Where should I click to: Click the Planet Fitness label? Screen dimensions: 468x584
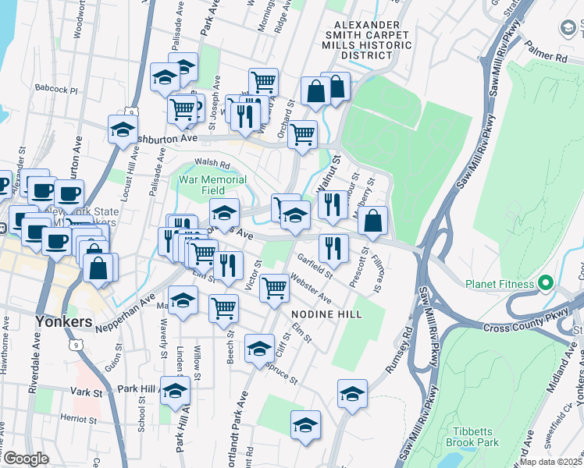point(499,283)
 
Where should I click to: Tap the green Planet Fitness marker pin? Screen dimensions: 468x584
point(546,282)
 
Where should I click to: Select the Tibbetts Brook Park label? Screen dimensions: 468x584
point(476,437)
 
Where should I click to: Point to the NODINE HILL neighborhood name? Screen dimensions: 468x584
point(326,314)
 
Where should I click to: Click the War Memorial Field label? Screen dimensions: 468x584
point(212,185)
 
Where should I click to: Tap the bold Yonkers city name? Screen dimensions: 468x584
point(64,321)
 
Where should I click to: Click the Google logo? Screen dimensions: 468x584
point(26,459)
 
